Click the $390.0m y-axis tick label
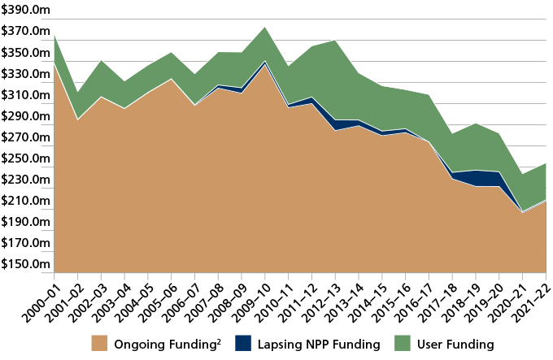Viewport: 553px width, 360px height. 25,11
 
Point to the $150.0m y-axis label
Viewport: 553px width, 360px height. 25,264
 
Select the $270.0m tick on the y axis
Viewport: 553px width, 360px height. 25,137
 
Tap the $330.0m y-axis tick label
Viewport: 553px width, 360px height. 25,74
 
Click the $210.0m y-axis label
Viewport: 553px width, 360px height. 25,201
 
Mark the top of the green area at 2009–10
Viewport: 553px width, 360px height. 264,27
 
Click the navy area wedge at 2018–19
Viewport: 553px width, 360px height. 475,178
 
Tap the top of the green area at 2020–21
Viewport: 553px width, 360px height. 522,174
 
